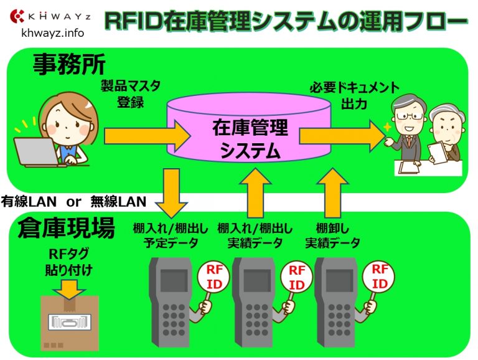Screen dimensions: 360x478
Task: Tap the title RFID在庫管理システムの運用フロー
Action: [285, 22]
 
